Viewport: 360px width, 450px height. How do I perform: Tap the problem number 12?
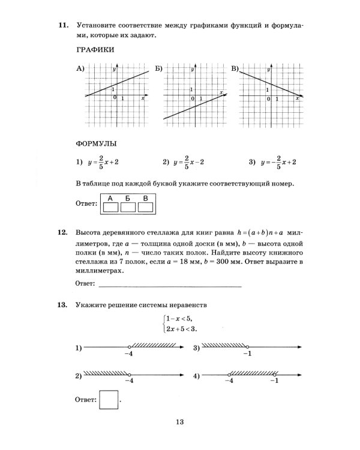pyautogui.click(x=62, y=233)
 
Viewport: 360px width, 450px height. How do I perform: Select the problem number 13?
pyautogui.click(x=62, y=305)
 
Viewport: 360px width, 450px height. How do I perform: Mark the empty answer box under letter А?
pyautogui.click(x=111, y=208)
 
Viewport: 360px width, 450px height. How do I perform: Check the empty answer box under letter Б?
pyautogui.click(x=128, y=208)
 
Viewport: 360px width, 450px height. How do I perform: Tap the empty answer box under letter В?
pyautogui.click(x=146, y=208)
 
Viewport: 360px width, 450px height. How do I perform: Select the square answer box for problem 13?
pyautogui.click(x=109, y=400)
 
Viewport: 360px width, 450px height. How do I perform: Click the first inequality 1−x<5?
pyautogui.click(x=181, y=319)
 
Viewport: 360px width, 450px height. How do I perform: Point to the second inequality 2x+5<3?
pyautogui.click(x=182, y=329)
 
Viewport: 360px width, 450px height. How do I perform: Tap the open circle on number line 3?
pyautogui.click(x=248, y=347)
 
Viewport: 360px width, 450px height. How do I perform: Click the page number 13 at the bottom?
pyautogui.click(x=180, y=422)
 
